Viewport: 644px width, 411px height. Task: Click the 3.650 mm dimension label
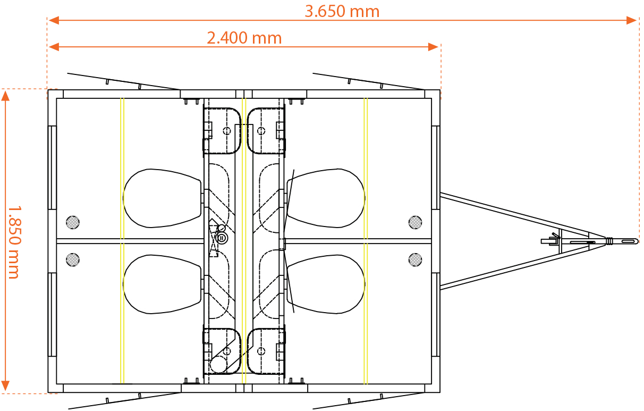342,12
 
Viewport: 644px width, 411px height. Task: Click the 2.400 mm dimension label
244,38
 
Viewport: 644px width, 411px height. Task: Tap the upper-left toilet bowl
162,198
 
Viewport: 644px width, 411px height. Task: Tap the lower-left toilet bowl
162,284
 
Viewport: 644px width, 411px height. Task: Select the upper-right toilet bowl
326,198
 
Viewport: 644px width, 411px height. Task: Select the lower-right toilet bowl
326,284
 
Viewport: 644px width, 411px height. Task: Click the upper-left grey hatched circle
73,222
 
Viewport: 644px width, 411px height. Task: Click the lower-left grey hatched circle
73,259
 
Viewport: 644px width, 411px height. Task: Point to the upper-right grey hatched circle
415,222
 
